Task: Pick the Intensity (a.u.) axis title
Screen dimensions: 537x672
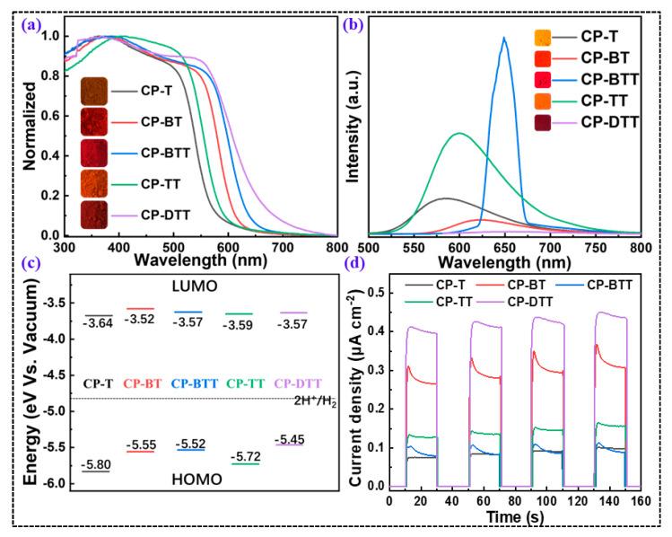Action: coord(353,133)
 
